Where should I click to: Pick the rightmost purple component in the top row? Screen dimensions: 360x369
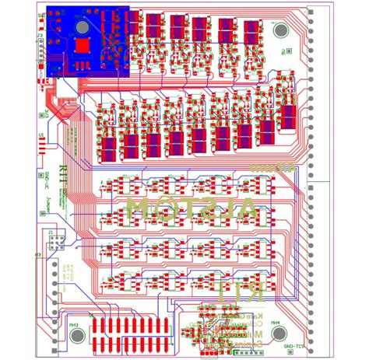click(251, 30)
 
